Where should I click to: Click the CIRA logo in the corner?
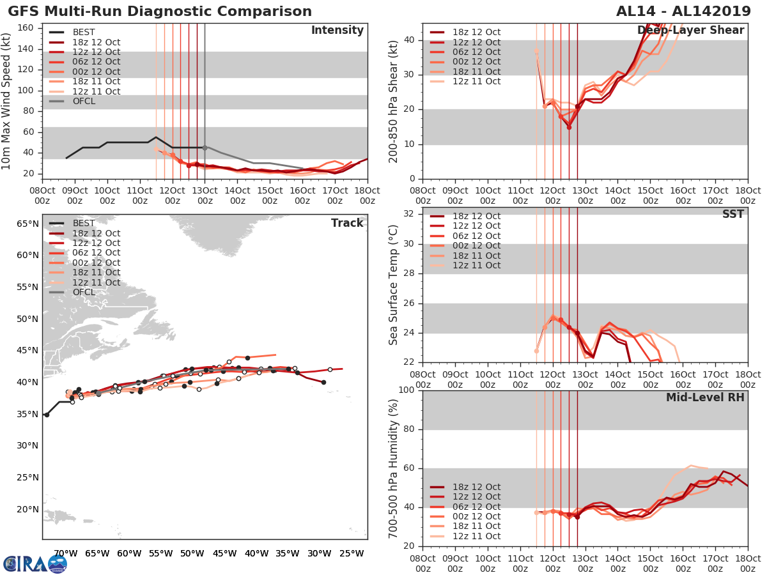[35, 563]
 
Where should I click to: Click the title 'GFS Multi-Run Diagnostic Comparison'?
[160, 11]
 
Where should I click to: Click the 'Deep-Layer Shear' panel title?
[690, 31]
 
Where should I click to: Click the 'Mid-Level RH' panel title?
[705, 397]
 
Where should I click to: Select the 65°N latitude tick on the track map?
[27, 224]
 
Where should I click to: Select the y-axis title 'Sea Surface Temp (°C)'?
[394, 284]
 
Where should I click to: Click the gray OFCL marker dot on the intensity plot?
[205, 148]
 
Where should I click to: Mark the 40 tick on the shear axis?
[410, 40]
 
